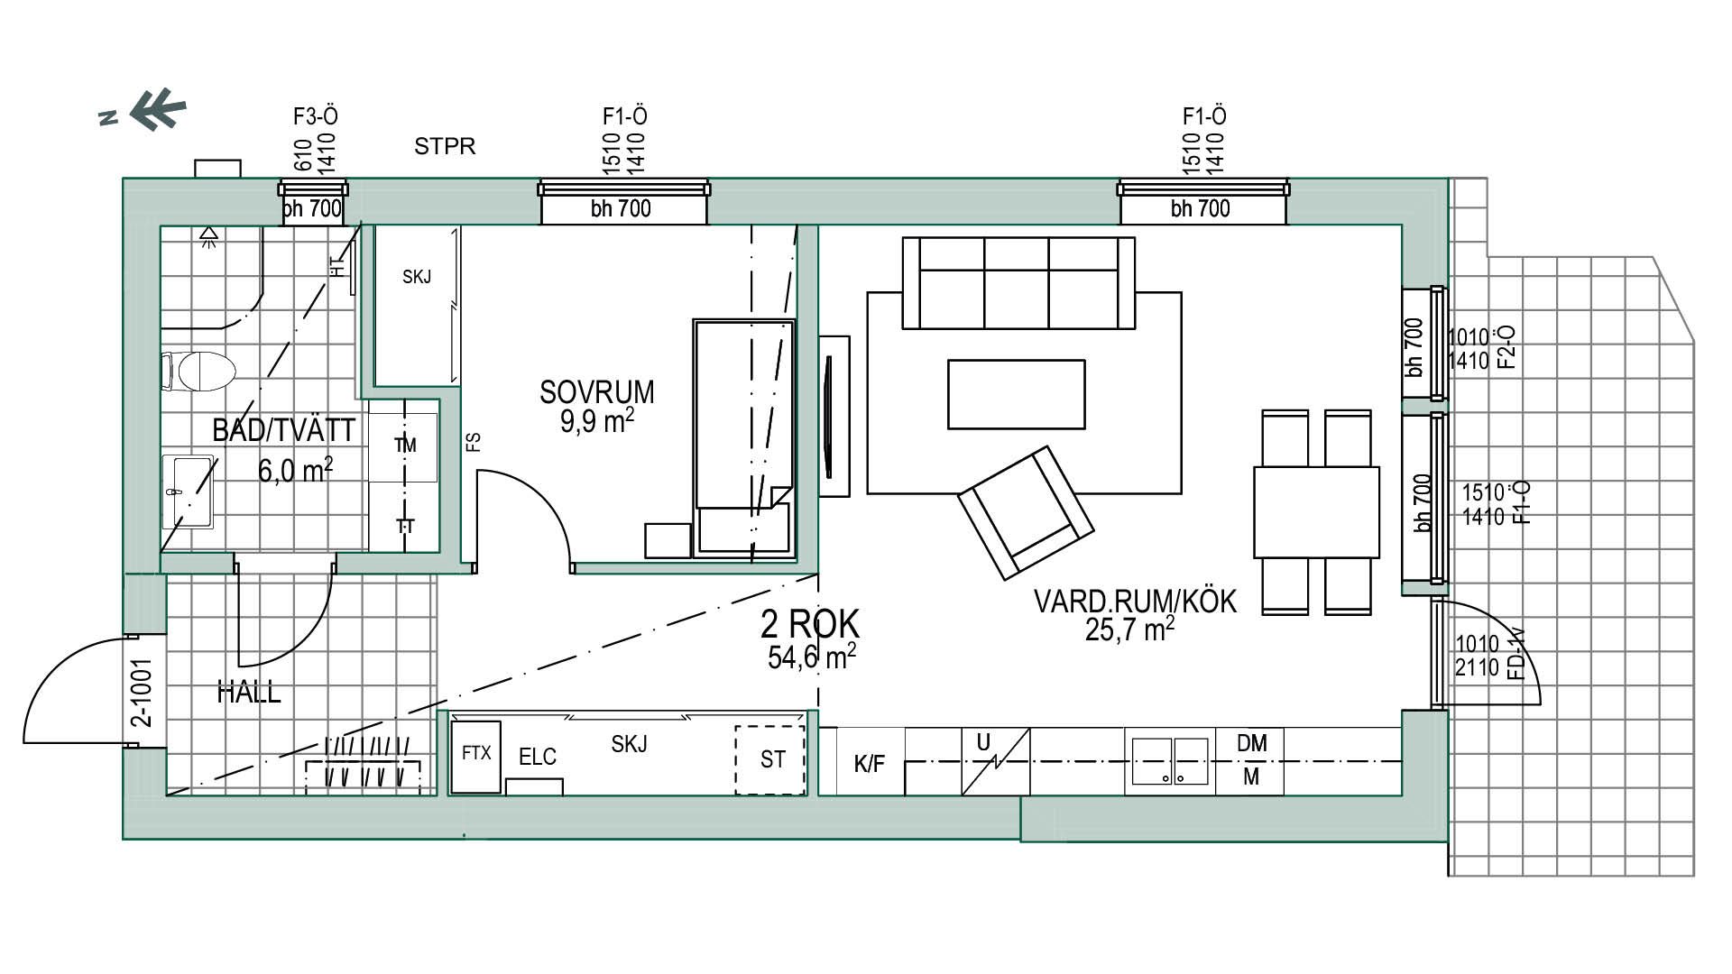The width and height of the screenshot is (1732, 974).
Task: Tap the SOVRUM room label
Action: [x=596, y=392]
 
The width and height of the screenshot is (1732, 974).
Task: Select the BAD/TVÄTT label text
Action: [x=284, y=430]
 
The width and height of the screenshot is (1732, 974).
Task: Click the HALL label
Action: [x=249, y=693]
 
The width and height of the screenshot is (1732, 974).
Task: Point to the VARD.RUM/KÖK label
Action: [x=1134, y=602]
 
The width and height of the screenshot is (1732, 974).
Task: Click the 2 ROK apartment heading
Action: [x=810, y=623]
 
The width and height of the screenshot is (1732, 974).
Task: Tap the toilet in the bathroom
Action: [x=198, y=372]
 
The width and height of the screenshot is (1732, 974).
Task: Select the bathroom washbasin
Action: [x=189, y=492]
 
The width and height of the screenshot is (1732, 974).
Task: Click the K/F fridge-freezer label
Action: [x=869, y=765]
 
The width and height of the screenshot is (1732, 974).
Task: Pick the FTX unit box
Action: [x=475, y=757]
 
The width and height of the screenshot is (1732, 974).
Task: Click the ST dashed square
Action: [x=769, y=760]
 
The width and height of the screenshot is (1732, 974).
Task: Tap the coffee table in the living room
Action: [x=1016, y=394]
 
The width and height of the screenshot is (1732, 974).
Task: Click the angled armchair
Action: [x=1026, y=512]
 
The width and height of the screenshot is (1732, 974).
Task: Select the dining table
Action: [x=1316, y=511]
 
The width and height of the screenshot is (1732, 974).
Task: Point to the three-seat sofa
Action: [x=1018, y=283]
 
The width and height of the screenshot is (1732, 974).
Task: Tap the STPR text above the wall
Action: [x=445, y=146]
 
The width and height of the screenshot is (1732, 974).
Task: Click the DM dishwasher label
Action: [x=1251, y=743]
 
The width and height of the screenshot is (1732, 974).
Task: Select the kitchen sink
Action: [x=1170, y=762]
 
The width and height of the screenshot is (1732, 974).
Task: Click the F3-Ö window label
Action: [x=316, y=116]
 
